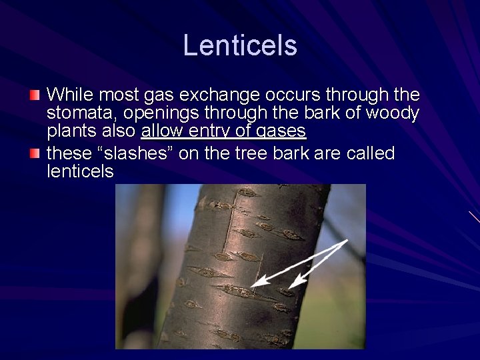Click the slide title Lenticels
pyautogui.click(x=240, y=45)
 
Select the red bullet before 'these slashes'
pyautogui.click(x=35, y=154)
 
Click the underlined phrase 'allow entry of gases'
pyautogui.click(x=223, y=131)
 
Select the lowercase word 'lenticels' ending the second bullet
pyautogui.click(x=80, y=171)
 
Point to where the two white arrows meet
pyautogui.click(x=347, y=241)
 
